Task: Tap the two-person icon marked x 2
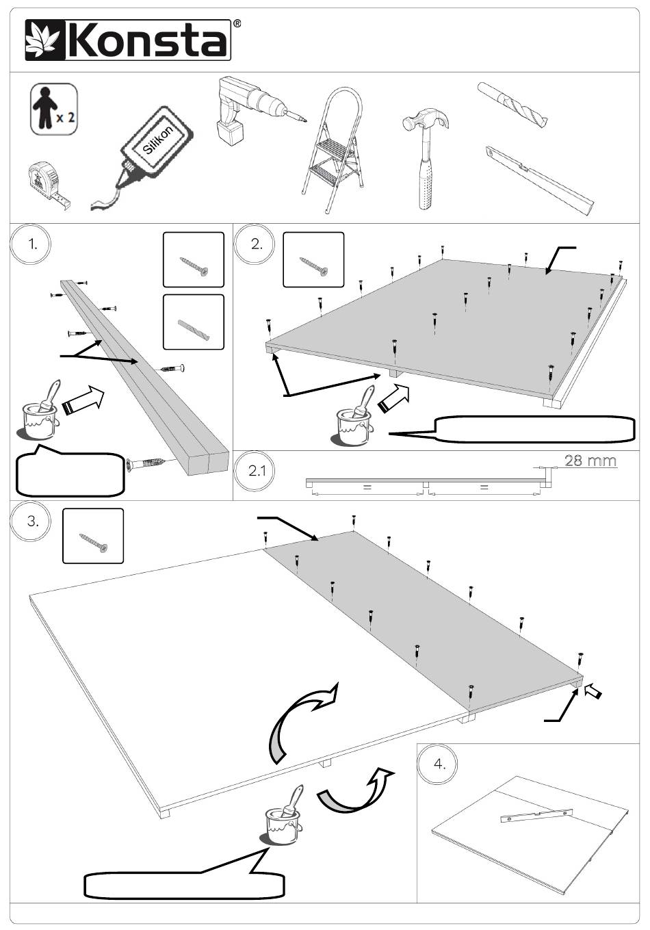click(54, 109)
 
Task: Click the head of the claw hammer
click(426, 119)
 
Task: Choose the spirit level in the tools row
click(539, 180)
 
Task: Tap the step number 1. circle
click(31, 244)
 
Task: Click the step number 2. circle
click(255, 244)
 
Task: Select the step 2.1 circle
click(255, 471)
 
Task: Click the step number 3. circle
click(31, 521)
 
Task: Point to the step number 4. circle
click(437, 764)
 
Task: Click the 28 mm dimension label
click(590, 461)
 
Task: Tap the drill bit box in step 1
click(194, 322)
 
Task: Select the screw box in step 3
click(93, 536)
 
